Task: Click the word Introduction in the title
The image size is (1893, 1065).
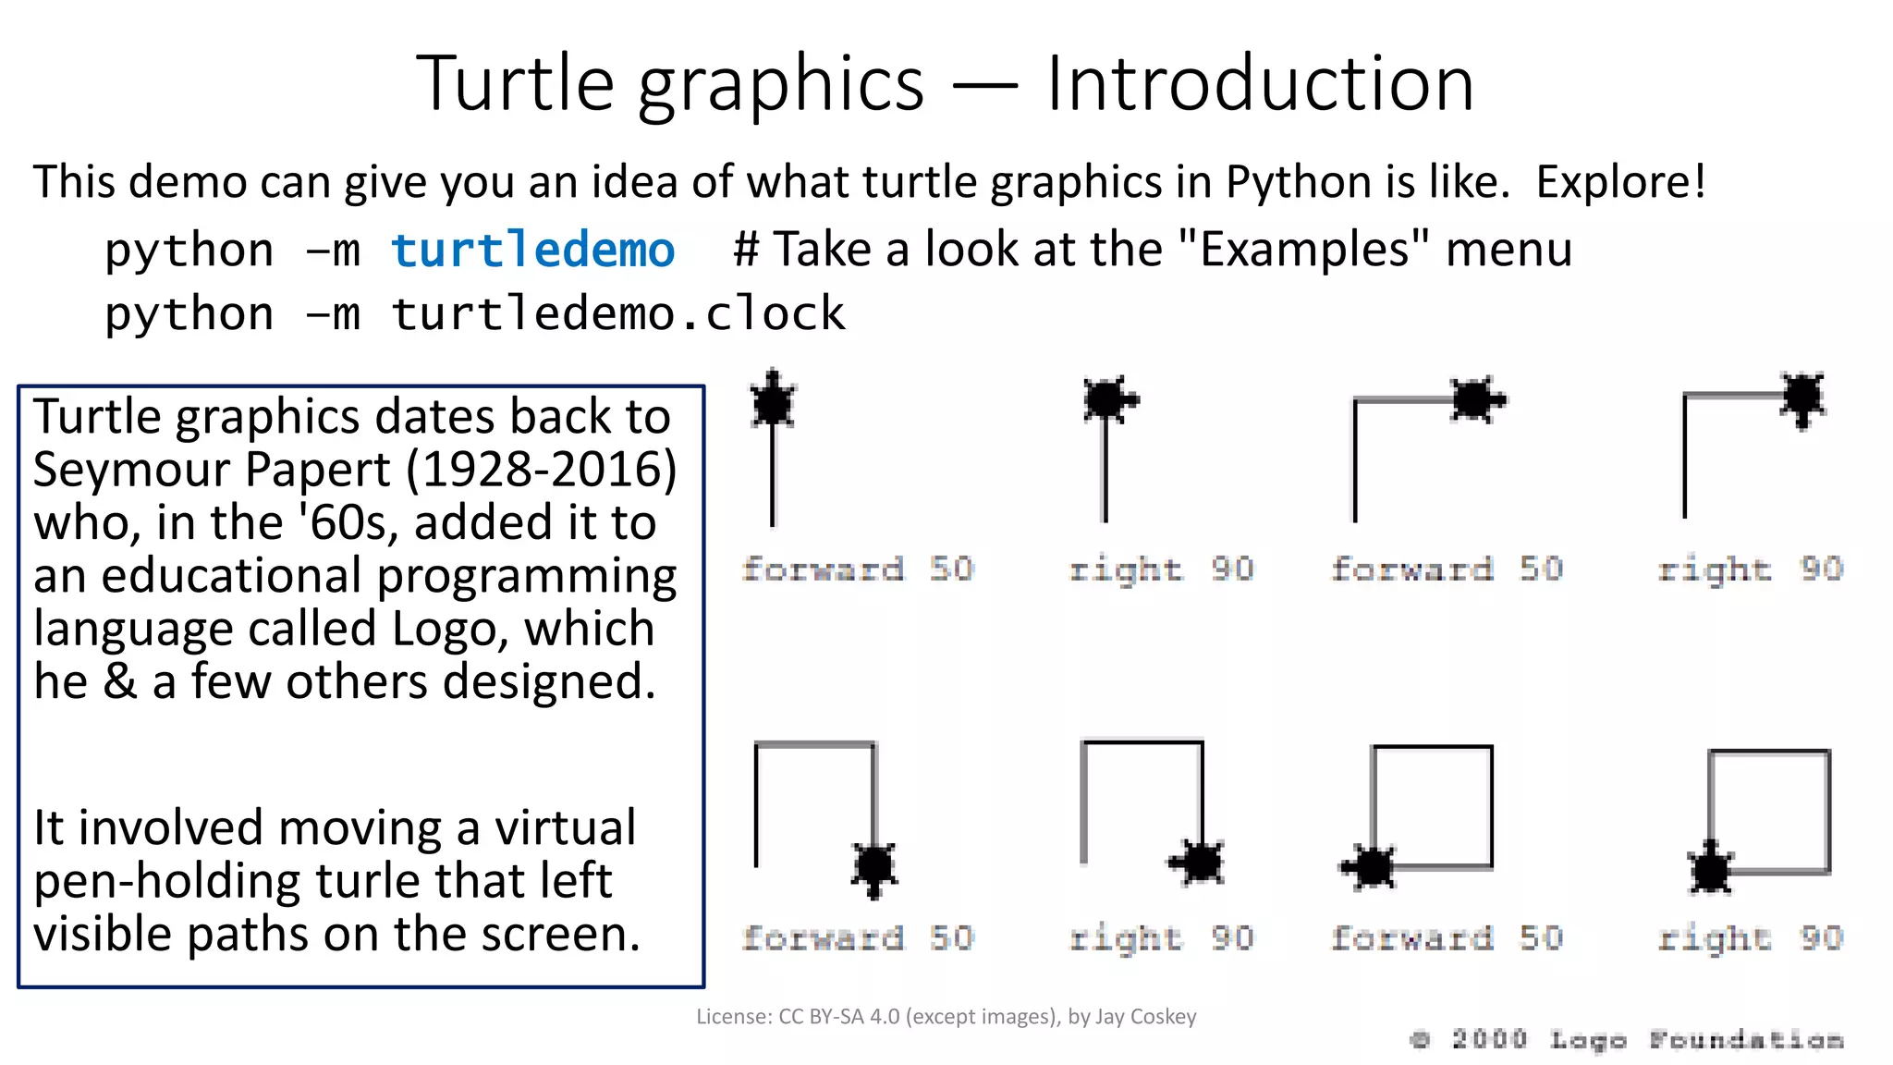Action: (1259, 83)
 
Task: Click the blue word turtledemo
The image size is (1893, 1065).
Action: (532, 250)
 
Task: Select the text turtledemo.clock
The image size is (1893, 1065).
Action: (617, 313)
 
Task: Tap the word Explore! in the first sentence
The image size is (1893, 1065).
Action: (1620, 181)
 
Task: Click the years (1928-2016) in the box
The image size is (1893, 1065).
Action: (542, 470)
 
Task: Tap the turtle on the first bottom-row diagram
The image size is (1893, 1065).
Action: (873, 866)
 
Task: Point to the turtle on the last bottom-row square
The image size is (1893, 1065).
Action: (1711, 868)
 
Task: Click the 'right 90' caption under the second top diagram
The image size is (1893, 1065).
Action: (1161, 569)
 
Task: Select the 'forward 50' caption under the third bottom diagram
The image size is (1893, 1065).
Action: (1447, 937)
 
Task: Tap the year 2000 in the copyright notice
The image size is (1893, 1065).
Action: (1488, 1039)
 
